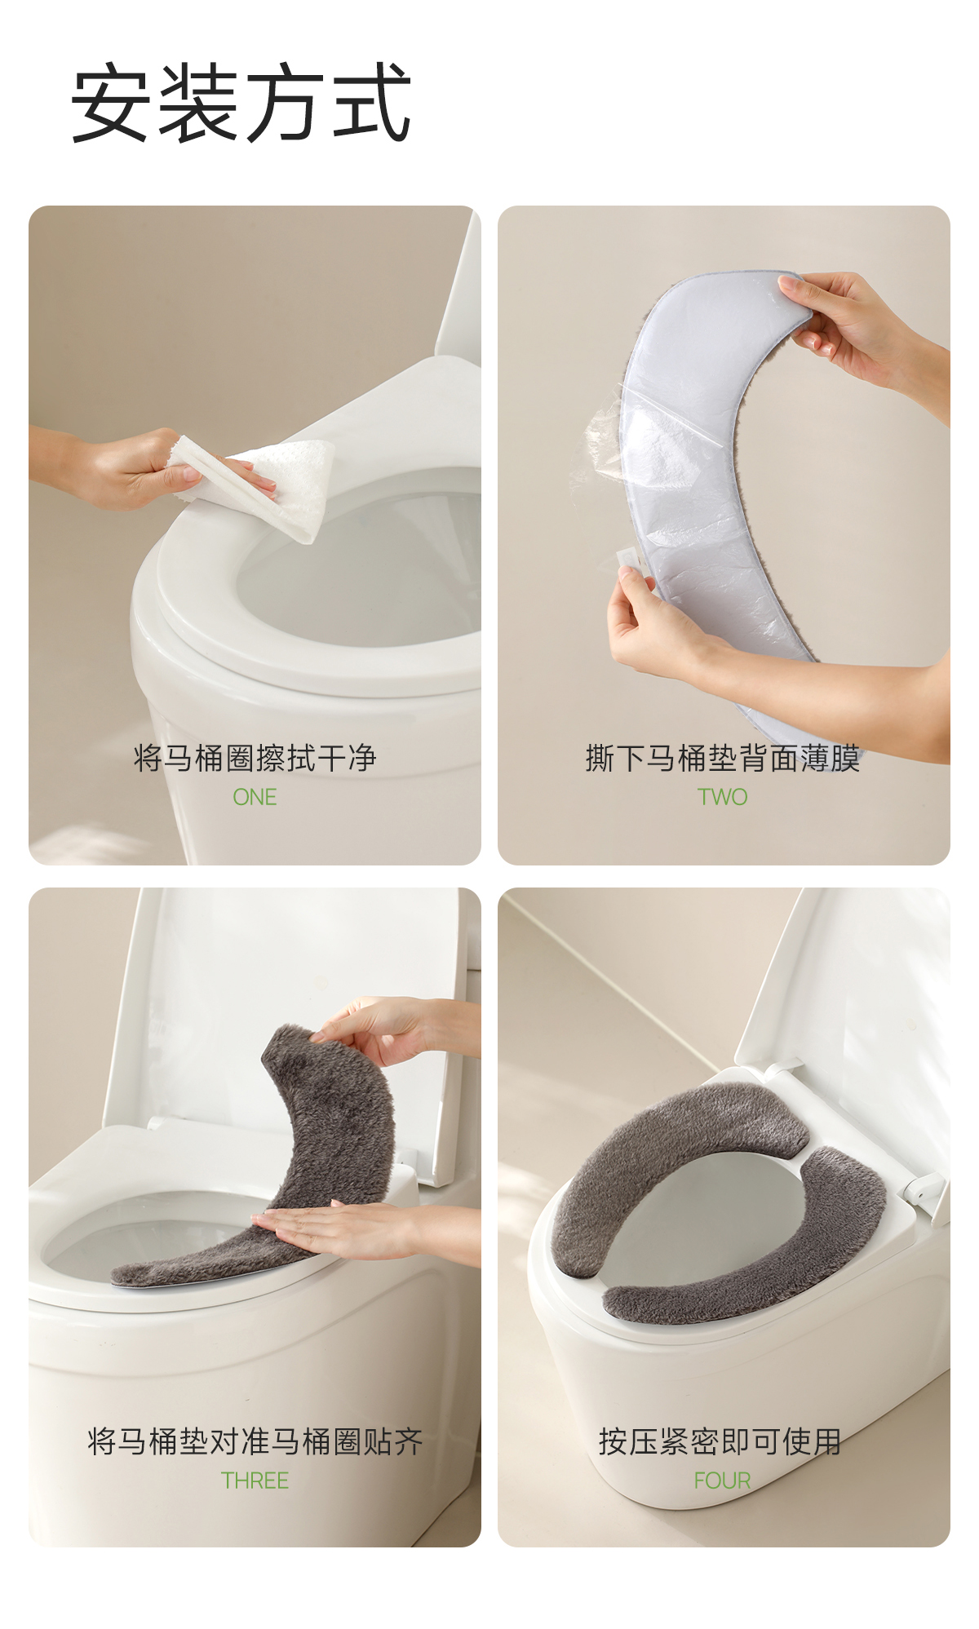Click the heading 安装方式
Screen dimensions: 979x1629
click(x=241, y=104)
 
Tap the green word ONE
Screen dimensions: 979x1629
click(x=255, y=797)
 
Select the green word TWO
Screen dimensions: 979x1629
click(x=722, y=797)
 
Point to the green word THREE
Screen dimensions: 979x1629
click(x=255, y=1481)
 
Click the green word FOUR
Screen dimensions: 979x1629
click(x=722, y=1481)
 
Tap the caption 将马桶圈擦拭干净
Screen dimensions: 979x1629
click(x=255, y=758)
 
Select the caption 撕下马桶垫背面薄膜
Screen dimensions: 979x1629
click(x=723, y=758)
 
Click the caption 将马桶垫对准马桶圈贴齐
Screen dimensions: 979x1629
click(x=255, y=1441)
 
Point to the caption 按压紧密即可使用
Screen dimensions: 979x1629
click(x=720, y=1441)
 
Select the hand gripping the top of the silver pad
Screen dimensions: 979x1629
click(x=865, y=334)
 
